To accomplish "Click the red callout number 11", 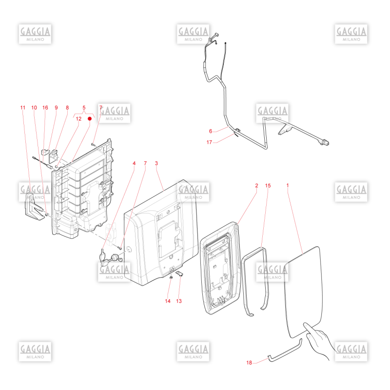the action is [x=23, y=108].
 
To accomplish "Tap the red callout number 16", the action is [x=45, y=108].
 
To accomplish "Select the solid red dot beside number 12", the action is [x=90, y=118].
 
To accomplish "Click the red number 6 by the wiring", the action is [x=211, y=131].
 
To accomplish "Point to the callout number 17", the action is [x=210, y=142].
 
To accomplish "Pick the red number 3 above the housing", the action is [x=156, y=163].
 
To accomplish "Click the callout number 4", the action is [x=134, y=163].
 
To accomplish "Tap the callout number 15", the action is [x=268, y=186].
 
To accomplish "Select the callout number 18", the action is [x=249, y=363].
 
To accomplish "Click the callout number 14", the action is [x=168, y=301].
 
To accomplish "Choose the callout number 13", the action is [x=179, y=301].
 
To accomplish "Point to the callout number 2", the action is [x=257, y=186].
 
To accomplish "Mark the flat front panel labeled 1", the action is [x=304, y=292].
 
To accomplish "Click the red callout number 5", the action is [x=84, y=108].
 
